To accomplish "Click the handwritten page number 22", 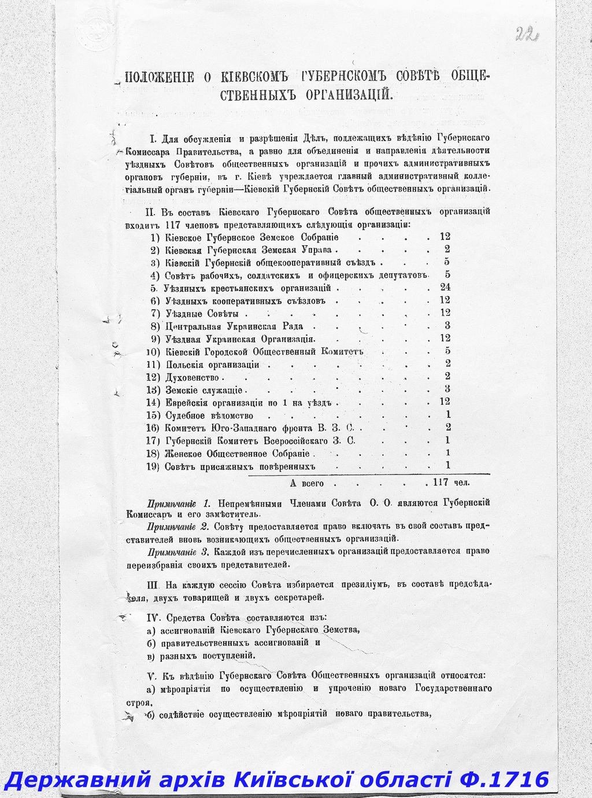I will click(x=526, y=34).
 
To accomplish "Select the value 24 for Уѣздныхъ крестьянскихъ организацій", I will click(x=445, y=288).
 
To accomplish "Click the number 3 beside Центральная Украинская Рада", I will click(x=447, y=326).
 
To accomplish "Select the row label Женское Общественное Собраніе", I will click(x=237, y=454).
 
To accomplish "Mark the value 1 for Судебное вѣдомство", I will click(x=448, y=415).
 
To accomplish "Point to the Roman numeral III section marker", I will click(x=153, y=585).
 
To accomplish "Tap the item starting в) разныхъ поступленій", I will click(x=200, y=656).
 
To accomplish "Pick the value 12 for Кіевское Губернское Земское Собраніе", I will click(x=444, y=237).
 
